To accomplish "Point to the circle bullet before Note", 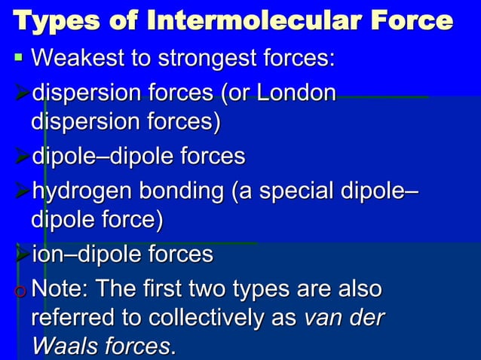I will pos(20,290).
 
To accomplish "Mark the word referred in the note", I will pos(72,319).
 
